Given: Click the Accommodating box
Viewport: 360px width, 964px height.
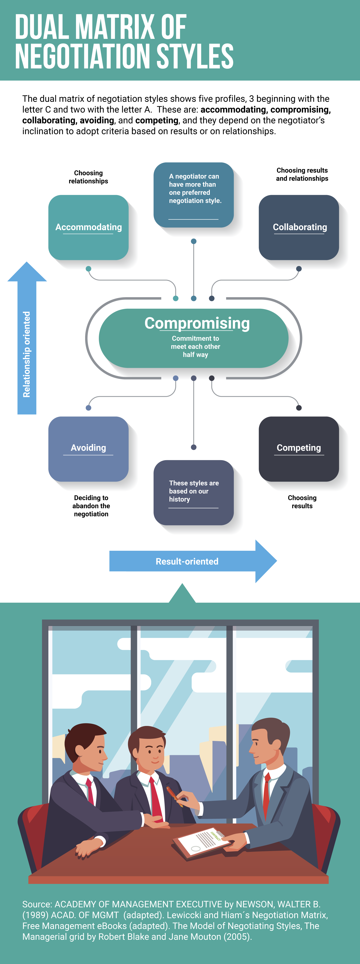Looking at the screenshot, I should point(88,227).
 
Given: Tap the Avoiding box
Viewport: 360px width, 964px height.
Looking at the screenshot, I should point(88,448).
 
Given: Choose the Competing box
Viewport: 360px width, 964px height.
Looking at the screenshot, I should point(299,448).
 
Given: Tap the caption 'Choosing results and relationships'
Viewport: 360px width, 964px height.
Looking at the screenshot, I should point(302,174).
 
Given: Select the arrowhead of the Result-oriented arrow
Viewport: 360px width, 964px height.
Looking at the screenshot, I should point(266,561).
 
